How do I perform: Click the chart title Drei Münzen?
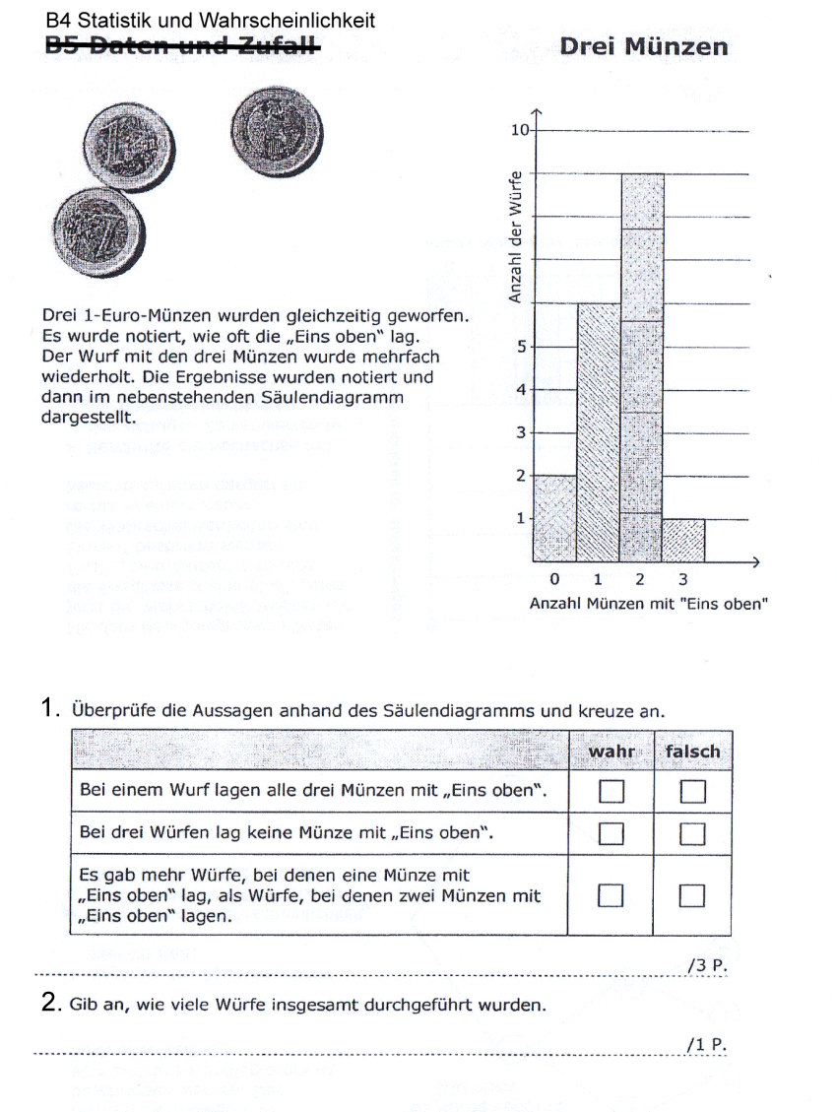click(x=643, y=46)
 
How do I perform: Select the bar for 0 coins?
click(x=554, y=517)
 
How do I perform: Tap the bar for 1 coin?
click(x=598, y=431)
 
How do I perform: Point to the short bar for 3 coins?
click(x=683, y=539)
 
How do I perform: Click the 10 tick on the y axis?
click(x=521, y=130)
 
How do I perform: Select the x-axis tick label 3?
click(x=683, y=580)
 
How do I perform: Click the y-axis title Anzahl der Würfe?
click(x=514, y=236)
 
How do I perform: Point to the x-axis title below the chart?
click(x=647, y=604)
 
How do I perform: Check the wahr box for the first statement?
click(x=612, y=791)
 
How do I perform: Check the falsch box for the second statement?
click(x=693, y=833)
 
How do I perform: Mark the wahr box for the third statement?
click(x=612, y=894)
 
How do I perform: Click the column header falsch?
click(x=692, y=752)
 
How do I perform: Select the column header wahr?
click(x=612, y=752)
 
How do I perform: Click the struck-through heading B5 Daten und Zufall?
click(x=182, y=44)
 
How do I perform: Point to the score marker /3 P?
click(x=707, y=966)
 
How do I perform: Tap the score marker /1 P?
click(x=707, y=1044)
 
